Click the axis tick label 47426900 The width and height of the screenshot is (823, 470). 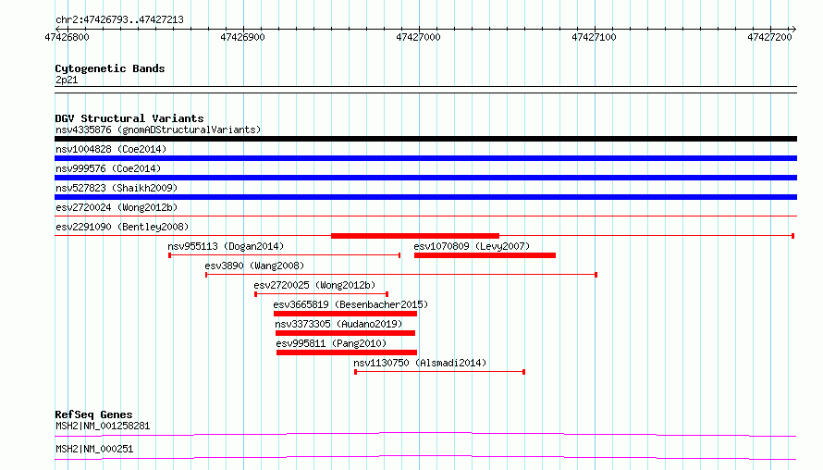point(242,37)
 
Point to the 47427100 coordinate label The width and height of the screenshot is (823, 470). point(594,37)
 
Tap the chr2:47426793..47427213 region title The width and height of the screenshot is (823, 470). point(119,20)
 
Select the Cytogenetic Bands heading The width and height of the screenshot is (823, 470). point(110,68)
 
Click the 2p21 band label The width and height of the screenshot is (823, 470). point(67,80)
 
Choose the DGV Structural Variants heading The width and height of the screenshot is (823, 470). point(129,118)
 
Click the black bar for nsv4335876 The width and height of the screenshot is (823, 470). point(425,139)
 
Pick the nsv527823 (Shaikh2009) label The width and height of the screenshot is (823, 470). point(117,188)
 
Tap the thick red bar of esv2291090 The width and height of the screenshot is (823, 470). point(415,236)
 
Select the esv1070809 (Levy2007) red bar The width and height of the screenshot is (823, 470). point(485,255)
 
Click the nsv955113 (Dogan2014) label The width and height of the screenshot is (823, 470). point(226,246)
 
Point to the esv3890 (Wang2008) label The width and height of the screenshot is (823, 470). point(254,266)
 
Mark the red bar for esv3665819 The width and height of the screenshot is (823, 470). point(345,314)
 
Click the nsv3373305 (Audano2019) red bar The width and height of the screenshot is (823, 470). point(345,333)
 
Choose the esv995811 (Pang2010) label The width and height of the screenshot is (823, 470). point(331,343)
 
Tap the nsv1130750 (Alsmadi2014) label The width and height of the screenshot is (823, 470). point(420,363)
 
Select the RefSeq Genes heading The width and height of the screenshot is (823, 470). point(93,414)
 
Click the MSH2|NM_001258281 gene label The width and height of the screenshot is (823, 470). point(103,426)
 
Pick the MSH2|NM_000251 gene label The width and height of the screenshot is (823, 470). point(94,449)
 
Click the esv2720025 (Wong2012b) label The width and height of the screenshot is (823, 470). point(314,285)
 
